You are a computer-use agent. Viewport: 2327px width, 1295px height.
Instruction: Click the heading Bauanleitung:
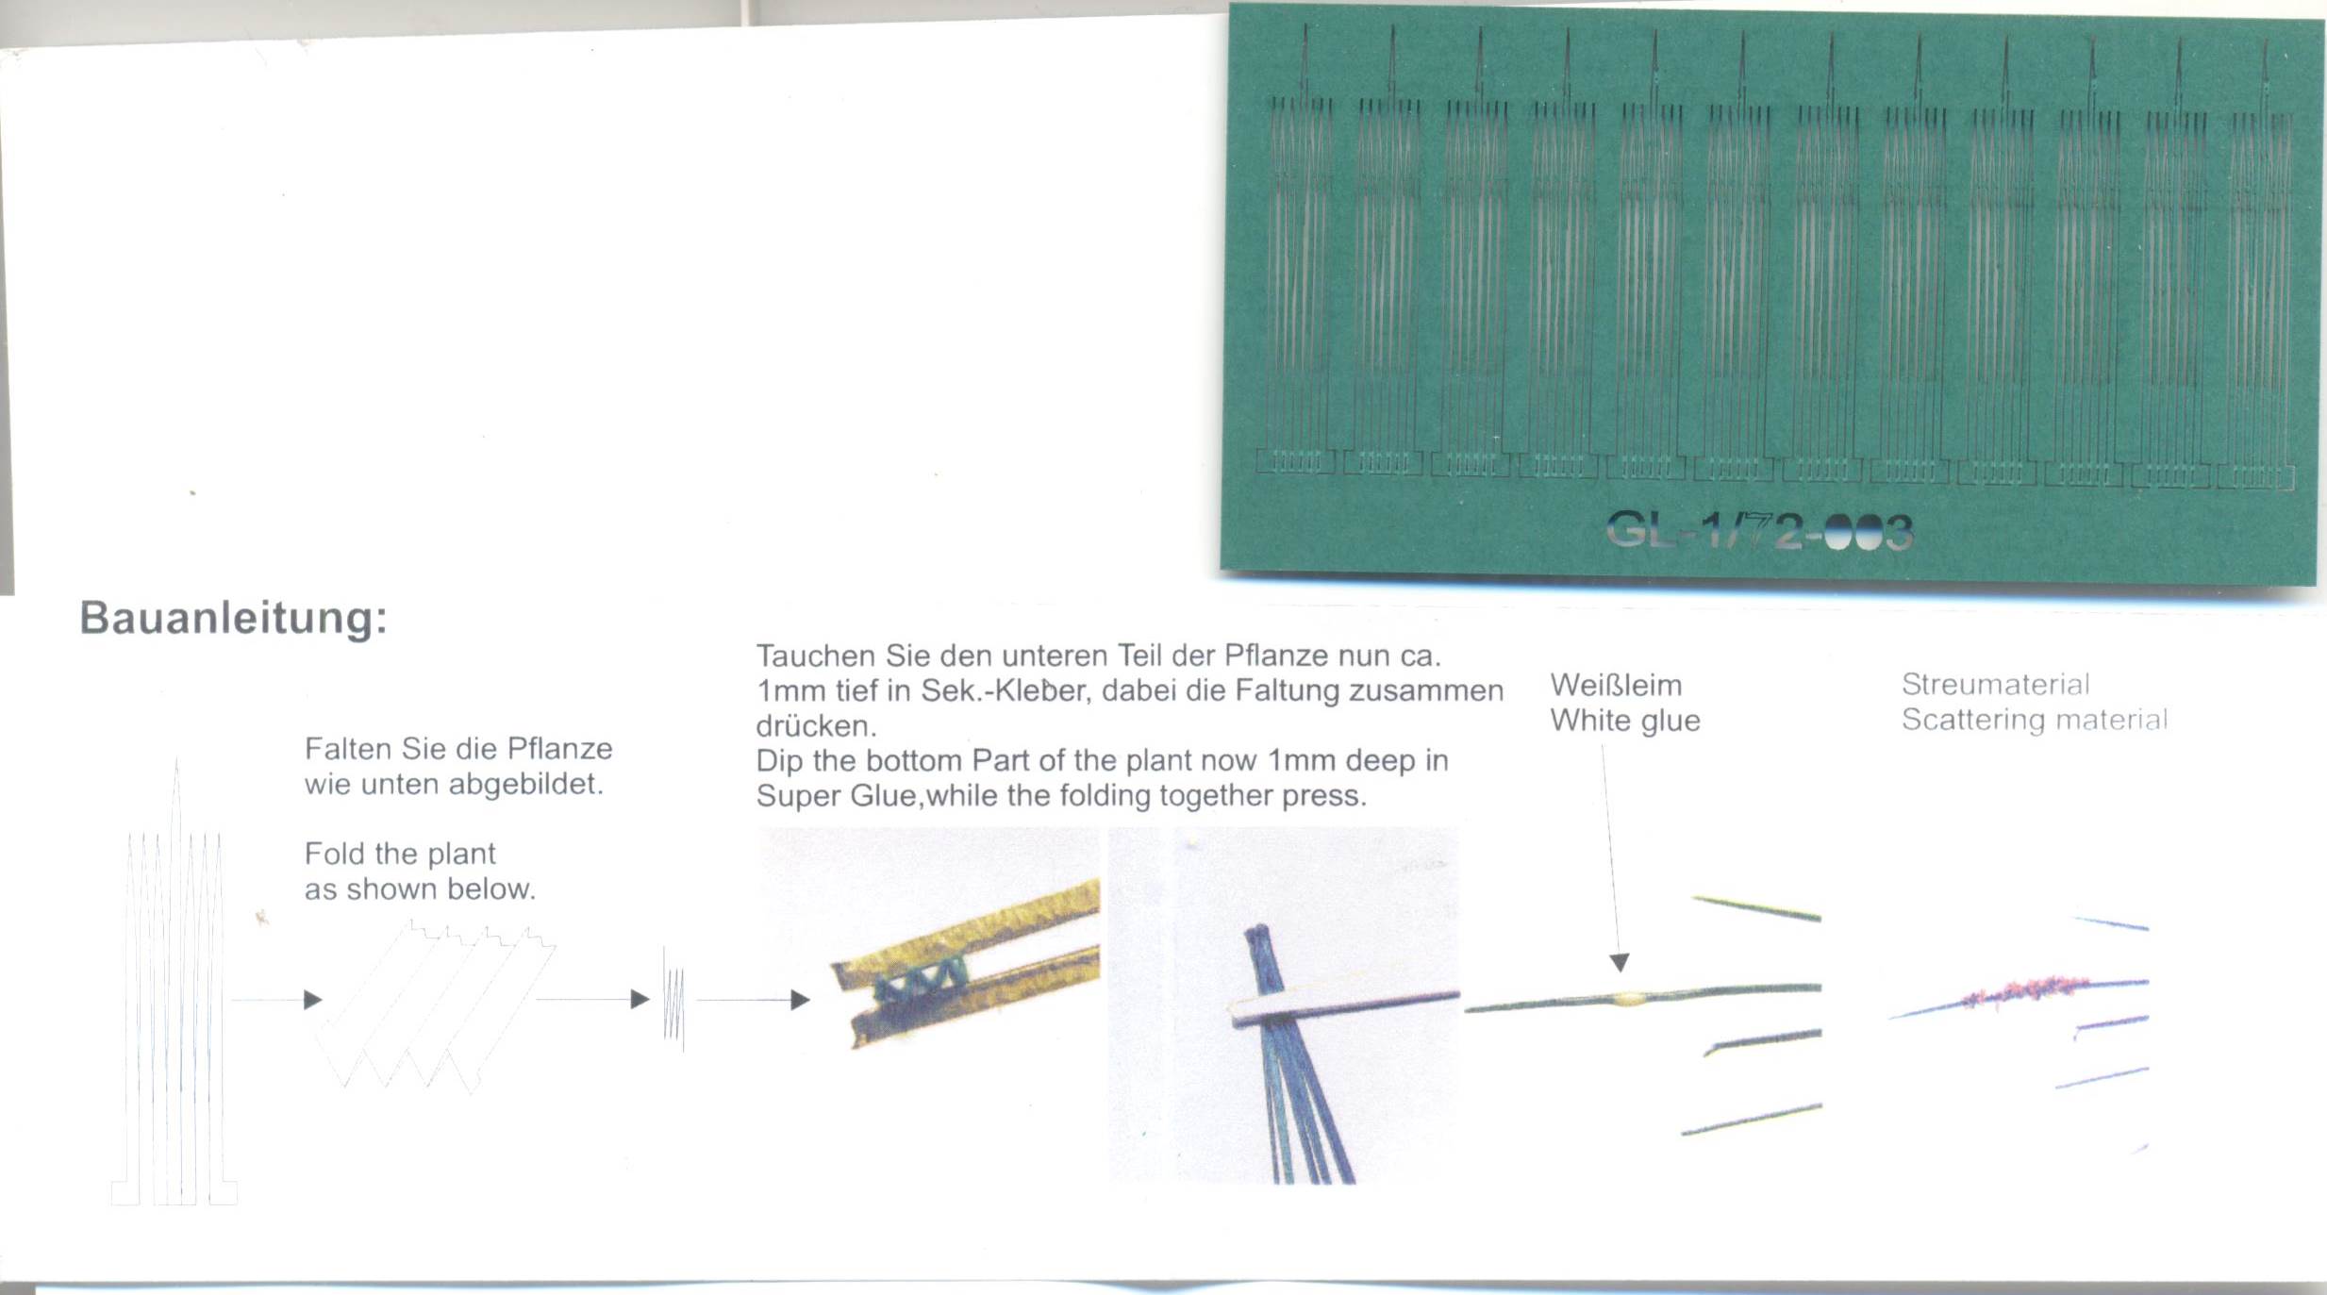coord(233,619)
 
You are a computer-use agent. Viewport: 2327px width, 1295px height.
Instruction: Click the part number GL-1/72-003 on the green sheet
coord(1759,531)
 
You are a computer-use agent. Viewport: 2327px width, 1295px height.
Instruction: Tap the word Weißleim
coord(1616,685)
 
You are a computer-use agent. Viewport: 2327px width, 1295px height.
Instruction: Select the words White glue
coord(1625,721)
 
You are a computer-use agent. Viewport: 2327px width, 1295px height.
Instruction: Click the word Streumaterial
coord(1995,684)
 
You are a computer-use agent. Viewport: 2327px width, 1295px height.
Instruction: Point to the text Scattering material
coord(2035,720)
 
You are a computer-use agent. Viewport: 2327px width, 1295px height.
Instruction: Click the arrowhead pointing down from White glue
coord(1620,963)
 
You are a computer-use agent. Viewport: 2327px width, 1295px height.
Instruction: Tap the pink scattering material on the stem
coord(2028,990)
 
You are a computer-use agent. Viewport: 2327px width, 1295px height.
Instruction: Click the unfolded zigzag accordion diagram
coord(434,1007)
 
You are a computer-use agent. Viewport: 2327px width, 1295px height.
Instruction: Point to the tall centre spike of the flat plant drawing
coord(176,981)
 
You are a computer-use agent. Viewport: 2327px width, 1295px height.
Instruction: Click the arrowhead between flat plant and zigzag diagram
coord(313,1000)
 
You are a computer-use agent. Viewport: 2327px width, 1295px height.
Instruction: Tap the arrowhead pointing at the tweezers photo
coord(800,1000)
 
